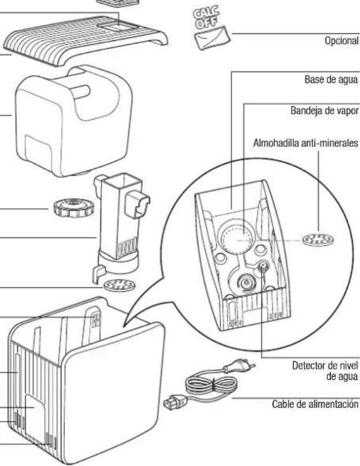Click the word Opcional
341,40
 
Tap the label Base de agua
331,80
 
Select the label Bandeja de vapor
324,111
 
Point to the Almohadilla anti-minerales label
305,143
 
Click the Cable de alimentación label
315,404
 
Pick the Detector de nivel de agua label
326,371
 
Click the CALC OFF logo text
206,18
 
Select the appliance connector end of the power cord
175,402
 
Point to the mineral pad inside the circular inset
318,239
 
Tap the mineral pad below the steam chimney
120,285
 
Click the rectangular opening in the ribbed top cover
119,27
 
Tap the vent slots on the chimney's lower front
127,246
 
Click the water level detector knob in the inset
263,266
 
